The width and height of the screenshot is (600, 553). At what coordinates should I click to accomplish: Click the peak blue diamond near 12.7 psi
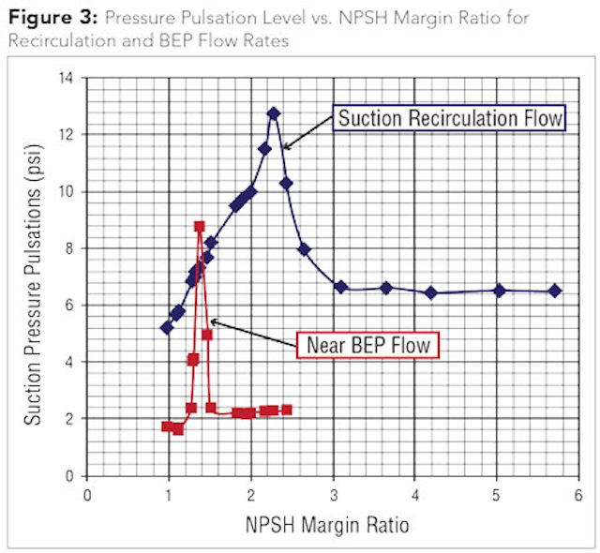[x=274, y=113]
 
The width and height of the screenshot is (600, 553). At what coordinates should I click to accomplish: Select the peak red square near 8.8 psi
[x=200, y=226]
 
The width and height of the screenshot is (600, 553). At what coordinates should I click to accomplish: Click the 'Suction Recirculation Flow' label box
[x=450, y=118]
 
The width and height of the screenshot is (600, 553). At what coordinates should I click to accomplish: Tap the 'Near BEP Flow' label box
[x=368, y=345]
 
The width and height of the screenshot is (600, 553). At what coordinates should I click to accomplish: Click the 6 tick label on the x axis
[x=577, y=494]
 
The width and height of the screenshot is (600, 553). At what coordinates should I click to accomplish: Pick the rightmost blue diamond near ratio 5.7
[x=555, y=291]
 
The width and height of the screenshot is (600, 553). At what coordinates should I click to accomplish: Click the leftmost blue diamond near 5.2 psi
[x=167, y=328]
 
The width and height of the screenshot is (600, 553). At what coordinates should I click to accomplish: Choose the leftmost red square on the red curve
[x=167, y=426]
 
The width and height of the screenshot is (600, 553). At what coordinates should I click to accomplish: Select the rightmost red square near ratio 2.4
[x=286, y=410]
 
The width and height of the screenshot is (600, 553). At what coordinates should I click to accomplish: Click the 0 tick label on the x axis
[x=87, y=494]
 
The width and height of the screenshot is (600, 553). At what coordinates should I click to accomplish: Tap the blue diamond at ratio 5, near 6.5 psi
[x=499, y=291]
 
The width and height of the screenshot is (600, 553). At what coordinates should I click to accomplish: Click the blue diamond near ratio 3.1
[x=340, y=287]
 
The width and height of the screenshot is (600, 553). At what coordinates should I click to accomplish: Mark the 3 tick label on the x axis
[x=333, y=494]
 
